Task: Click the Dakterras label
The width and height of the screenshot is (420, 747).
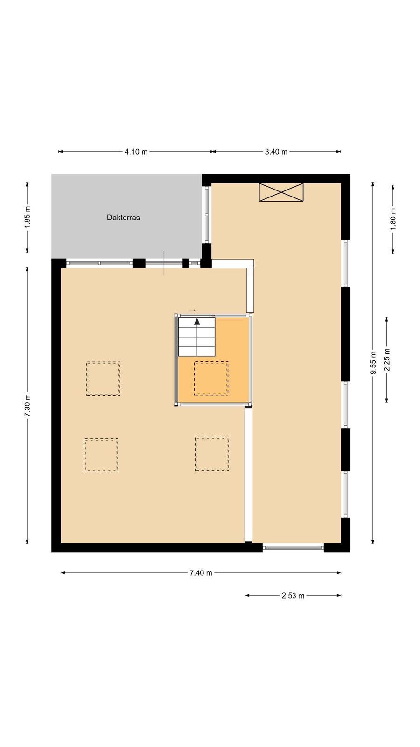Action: (123, 218)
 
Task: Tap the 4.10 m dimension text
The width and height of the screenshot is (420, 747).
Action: (136, 152)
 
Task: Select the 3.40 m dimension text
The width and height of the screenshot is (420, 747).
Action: (276, 152)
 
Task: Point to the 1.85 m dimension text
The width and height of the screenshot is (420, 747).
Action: (28, 218)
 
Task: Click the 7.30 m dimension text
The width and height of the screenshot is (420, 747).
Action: (28, 405)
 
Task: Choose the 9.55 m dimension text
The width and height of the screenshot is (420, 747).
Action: (373, 363)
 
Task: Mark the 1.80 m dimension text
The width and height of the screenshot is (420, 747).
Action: (393, 219)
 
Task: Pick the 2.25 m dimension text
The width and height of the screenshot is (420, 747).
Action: (387, 360)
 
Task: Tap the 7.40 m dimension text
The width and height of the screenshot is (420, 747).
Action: (201, 573)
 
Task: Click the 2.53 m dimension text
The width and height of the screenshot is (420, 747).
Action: (293, 596)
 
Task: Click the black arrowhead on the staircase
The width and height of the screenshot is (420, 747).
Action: (197, 322)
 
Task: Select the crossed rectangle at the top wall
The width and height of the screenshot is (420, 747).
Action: (281, 192)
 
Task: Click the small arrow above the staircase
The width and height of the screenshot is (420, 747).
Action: (192, 310)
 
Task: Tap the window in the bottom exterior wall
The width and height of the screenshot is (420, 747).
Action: (294, 547)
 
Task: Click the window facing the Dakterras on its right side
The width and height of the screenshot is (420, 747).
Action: (207, 214)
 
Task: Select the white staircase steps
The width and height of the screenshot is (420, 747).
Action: (196, 337)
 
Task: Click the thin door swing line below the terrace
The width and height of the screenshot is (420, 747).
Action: (164, 263)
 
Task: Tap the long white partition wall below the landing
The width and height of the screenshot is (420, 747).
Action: (248, 474)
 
